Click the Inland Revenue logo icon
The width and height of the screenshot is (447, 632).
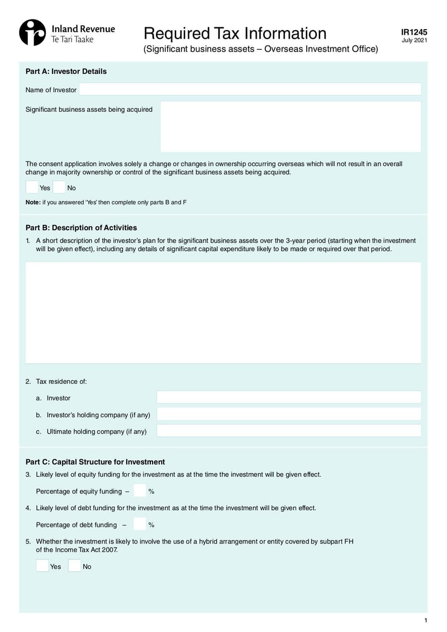32,32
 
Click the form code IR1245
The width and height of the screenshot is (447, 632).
414,32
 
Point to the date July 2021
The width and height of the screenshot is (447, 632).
414,41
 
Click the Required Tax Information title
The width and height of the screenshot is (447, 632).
235,33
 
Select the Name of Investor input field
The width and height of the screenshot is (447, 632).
250,89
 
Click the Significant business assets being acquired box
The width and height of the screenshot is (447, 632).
291,126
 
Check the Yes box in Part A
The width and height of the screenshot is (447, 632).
32,187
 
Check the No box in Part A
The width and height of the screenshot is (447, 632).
59,187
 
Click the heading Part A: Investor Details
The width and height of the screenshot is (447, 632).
66,72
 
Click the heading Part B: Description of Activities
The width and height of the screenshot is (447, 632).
81,228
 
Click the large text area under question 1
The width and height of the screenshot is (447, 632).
223,313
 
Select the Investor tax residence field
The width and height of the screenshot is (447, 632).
288,398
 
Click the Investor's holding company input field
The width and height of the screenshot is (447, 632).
288,414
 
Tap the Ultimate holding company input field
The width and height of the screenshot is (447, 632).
288,431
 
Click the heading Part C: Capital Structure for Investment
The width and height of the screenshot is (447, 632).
95,462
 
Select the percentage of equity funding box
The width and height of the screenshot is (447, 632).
140,490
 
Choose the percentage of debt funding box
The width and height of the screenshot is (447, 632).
140,524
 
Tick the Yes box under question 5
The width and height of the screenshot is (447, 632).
42,565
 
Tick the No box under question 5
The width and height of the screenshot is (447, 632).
74,565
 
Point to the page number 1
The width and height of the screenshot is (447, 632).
425,620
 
